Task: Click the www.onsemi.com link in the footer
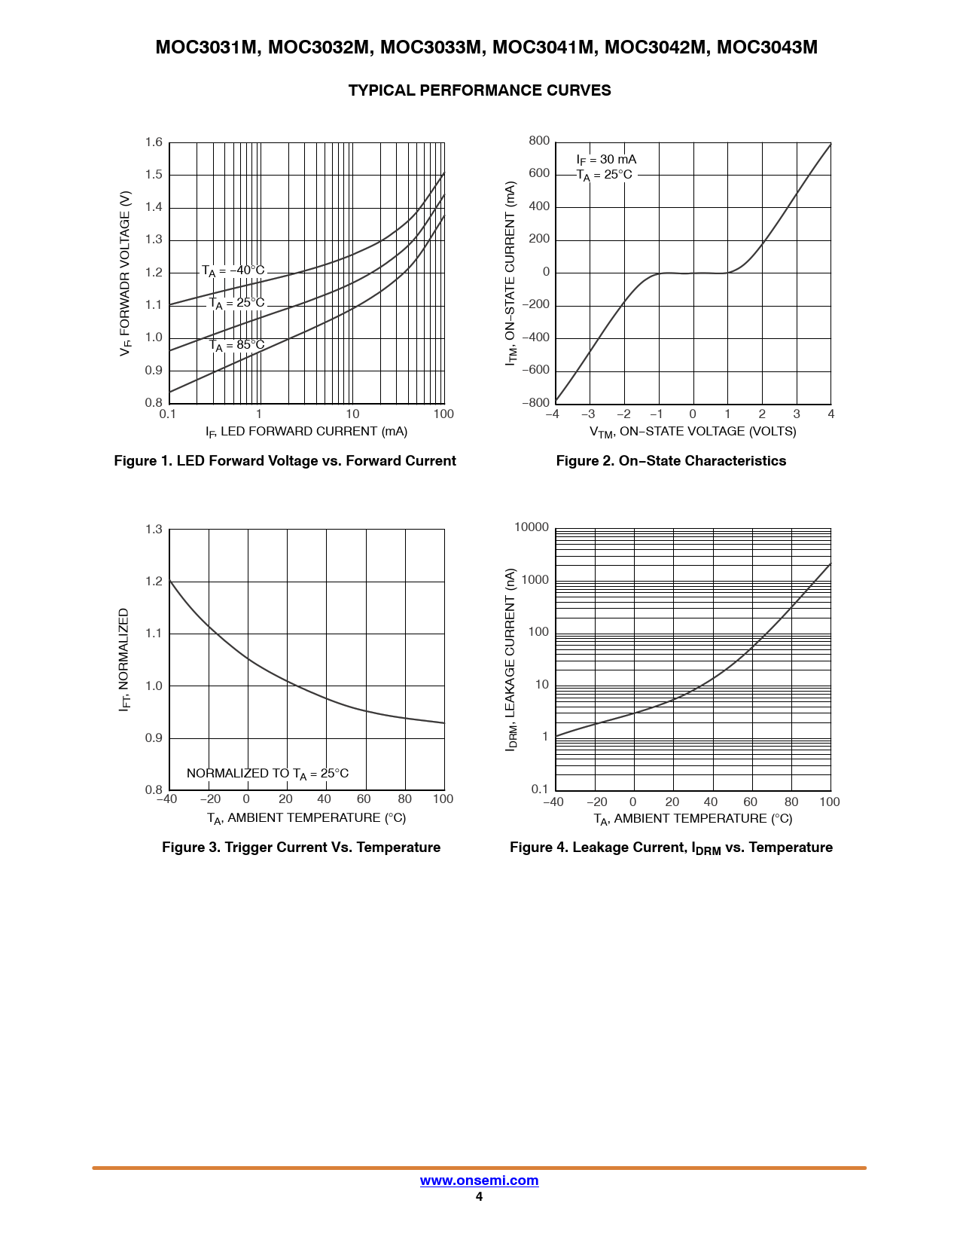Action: coord(479,1180)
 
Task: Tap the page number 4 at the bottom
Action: coord(479,1197)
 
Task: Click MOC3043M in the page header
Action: coord(766,47)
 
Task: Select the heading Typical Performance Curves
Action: coord(480,90)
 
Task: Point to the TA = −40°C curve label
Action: coord(233,270)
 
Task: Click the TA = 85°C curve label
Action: coord(236,346)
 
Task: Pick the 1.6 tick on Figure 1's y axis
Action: coord(154,142)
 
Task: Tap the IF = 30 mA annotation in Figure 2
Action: coord(606,160)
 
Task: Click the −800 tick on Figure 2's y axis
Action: coord(535,403)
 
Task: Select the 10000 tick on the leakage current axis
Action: coord(532,527)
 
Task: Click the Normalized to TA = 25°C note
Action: coord(267,774)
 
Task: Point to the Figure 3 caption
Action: coord(301,847)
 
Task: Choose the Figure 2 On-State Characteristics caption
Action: coord(671,461)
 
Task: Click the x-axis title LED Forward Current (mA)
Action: coord(306,432)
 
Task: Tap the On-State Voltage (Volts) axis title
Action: coord(693,432)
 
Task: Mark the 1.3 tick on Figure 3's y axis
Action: coord(154,530)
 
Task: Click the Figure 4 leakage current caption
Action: coord(671,848)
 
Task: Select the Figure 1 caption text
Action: coord(285,461)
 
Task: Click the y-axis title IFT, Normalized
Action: coord(124,660)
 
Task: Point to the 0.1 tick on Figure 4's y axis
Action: coord(540,789)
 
